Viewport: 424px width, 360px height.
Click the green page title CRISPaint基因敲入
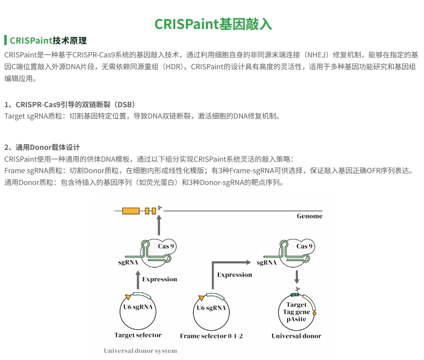click(x=213, y=24)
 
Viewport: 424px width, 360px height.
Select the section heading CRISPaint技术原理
click(x=48, y=40)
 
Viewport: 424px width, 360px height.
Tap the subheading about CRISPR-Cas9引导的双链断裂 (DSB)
click(x=70, y=104)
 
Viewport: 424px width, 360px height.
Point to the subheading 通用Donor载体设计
click(x=42, y=147)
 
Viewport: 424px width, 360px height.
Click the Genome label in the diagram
click(x=310, y=216)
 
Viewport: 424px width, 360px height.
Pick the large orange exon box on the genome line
click(x=131, y=211)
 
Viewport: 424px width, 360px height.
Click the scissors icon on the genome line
click(x=160, y=208)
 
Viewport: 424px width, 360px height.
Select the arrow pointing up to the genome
click(x=159, y=225)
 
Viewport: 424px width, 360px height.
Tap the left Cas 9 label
click(x=166, y=246)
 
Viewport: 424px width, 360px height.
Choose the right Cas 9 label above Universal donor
click(x=304, y=246)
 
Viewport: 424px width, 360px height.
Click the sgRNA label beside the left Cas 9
click(x=128, y=262)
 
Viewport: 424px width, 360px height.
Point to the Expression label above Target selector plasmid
click(x=160, y=279)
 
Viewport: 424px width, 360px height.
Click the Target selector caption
click(x=138, y=335)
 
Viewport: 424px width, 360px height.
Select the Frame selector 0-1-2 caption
click(x=211, y=336)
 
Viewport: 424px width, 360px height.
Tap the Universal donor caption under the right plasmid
click(x=296, y=336)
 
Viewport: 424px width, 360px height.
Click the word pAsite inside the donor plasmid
click(x=296, y=319)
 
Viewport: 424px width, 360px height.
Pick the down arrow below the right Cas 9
click(x=297, y=277)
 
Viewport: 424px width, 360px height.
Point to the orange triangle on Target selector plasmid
click(x=128, y=297)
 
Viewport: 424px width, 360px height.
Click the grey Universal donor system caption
click(x=141, y=351)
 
